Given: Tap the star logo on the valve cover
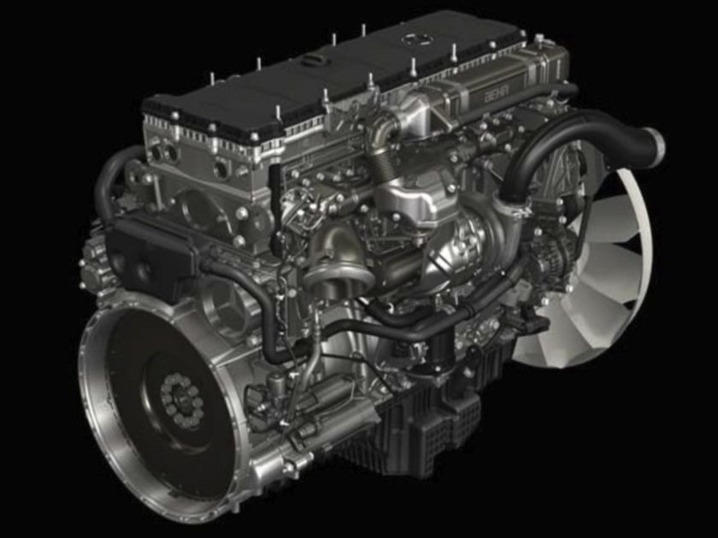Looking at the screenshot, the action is [x=411, y=39].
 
